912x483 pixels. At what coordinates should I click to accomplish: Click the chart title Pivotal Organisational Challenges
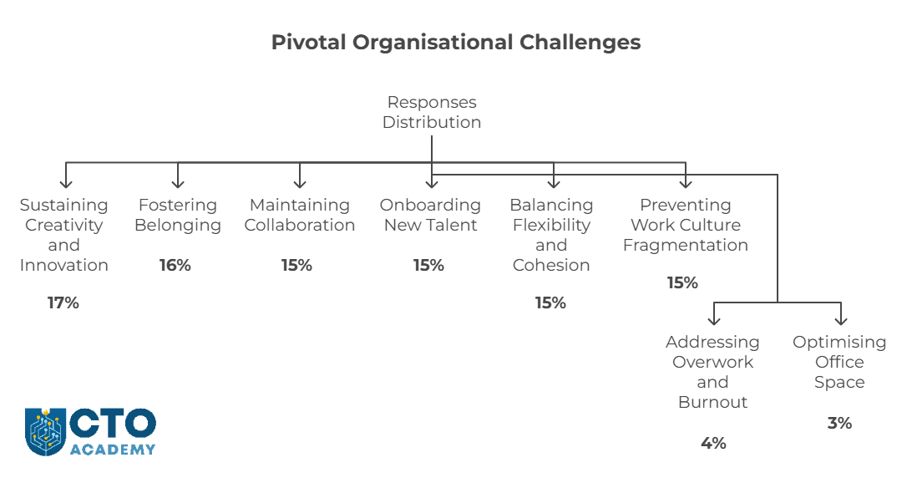456,43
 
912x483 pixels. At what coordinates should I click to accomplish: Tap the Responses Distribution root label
432,112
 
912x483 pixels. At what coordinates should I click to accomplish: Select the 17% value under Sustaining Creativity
63,303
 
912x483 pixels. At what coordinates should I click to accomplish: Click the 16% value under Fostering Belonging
175,266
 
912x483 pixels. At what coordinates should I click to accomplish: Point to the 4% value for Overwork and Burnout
713,443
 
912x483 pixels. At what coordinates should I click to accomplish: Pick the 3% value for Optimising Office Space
839,423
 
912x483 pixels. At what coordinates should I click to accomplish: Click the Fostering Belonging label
178,215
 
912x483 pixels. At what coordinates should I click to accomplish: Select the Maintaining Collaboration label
300,215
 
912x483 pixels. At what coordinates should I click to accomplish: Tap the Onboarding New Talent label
430,215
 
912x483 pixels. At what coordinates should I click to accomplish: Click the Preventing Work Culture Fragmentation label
686,225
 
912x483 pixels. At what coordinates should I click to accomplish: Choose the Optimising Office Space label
839,361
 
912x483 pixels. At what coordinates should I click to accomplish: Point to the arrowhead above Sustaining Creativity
66,184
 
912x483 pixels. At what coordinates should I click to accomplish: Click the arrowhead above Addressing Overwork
714,321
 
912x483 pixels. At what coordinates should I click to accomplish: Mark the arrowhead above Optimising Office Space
841,321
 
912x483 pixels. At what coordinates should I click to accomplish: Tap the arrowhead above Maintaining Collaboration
300,184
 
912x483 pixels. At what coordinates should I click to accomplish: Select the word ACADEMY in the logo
113,450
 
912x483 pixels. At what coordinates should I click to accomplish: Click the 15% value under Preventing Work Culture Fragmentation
682,282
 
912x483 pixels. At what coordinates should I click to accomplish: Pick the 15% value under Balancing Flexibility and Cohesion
550,303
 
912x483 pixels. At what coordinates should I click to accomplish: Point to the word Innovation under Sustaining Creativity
64,266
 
